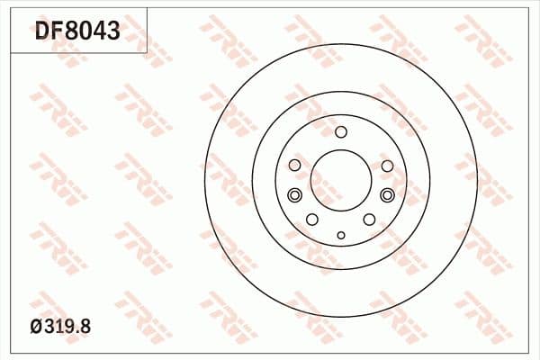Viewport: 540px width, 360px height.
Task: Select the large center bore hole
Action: [340, 178]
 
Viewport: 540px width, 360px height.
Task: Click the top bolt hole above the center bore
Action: [340, 132]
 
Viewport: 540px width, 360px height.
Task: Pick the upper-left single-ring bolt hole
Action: [294, 166]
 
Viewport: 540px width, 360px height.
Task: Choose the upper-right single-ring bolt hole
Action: [387, 166]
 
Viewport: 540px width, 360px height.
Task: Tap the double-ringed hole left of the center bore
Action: [294, 196]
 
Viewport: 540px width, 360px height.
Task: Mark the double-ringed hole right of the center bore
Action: [387, 196]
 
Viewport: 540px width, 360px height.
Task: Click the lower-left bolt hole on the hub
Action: [311, 220]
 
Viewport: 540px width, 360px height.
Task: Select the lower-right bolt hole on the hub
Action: [369, 220]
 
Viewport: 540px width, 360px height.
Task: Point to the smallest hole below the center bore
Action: [340, 236]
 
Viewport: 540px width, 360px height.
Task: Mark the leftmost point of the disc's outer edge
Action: [205, 178]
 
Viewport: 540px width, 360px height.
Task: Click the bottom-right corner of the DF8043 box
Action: [147, 52]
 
